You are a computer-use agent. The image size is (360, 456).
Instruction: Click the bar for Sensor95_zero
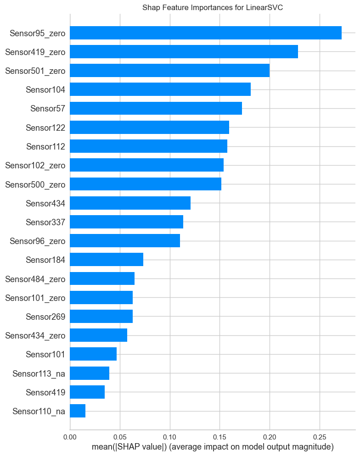(x=206, y=33)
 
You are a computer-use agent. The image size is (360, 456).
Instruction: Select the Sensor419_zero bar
(x=184, y=52)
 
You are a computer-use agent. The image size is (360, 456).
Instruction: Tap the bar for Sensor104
(x=160, y=89)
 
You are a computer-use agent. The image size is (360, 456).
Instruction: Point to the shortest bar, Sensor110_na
(x=78, y=411)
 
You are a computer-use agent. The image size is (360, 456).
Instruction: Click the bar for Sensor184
(x=107, y=260)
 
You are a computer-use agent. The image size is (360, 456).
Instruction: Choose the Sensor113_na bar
(x=90, y=373)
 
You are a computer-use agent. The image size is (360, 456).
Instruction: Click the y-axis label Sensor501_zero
(x=35, y=71)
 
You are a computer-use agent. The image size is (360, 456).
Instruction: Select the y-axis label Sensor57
(x=48, y=108)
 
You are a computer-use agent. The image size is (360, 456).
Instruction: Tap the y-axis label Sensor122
(x=45, y=127)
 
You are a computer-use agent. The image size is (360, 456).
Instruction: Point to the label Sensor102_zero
(x=35, y=165)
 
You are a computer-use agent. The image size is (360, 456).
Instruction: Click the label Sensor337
(x=45, y=222)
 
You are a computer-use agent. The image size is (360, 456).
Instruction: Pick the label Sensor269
(x=45, y=317)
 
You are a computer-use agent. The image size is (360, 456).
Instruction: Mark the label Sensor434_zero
(x=35, y=335)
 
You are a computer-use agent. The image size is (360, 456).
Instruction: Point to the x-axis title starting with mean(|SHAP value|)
(x=213, y=447)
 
